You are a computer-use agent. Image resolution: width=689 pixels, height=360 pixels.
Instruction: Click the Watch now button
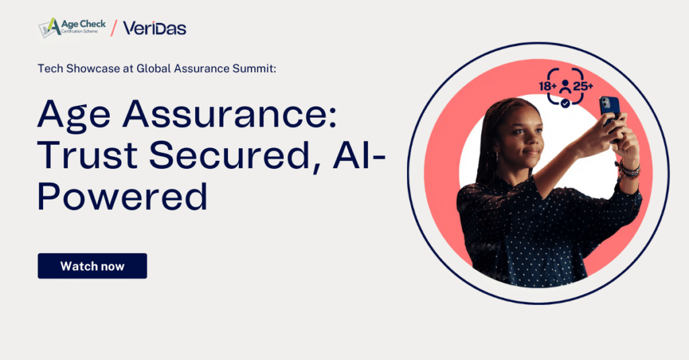click(92, 266)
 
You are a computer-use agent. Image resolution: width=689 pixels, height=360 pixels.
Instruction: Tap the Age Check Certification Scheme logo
click(73, 28)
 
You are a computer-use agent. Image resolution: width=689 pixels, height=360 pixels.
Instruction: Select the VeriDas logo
click(154, 28)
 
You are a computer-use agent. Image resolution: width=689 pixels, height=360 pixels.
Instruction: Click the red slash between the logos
click(114, 28)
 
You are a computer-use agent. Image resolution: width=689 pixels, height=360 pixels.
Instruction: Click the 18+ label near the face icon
click(548, 86)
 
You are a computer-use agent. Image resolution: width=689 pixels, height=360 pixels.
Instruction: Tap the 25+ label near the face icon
click(583, 86)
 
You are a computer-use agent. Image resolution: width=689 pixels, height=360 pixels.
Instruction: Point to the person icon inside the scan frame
click(565, 87)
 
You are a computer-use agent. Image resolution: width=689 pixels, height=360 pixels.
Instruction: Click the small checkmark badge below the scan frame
click(565, 103)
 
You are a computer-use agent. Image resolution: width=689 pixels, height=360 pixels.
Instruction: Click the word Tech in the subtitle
click(50, 69)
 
